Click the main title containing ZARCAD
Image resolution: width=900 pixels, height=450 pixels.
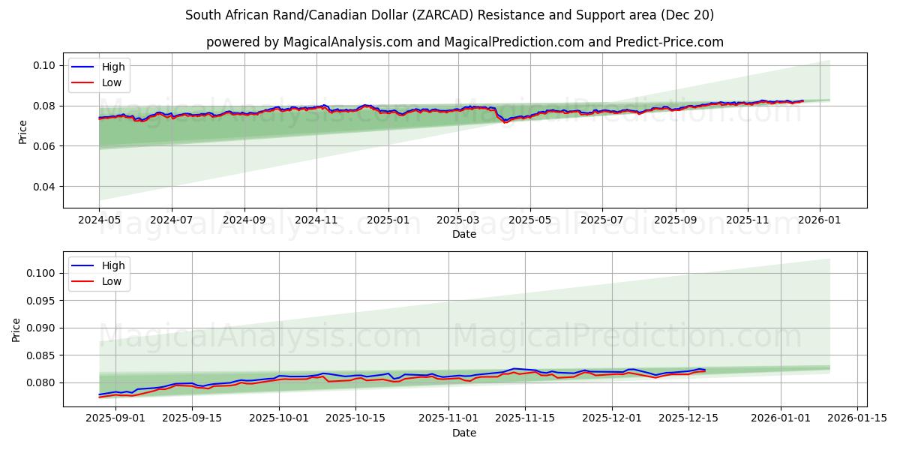[x=449, y=15]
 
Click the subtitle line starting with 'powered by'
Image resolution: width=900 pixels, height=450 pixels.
[x=465, y=42]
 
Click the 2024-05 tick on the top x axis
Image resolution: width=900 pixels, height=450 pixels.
[x=99, y=221]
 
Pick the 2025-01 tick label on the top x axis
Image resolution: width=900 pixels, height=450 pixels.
[x=388, y=221]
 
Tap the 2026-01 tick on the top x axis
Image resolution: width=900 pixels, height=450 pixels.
[x=819, y=221]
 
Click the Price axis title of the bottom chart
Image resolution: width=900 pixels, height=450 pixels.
[x=16, y=329]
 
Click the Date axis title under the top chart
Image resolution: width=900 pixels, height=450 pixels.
[x=464, y=234]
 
